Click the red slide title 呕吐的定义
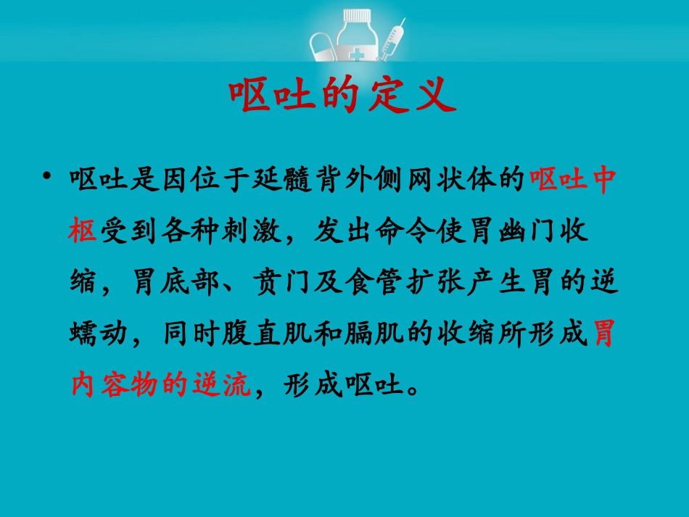343,96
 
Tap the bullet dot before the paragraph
48,176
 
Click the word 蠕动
97,331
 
